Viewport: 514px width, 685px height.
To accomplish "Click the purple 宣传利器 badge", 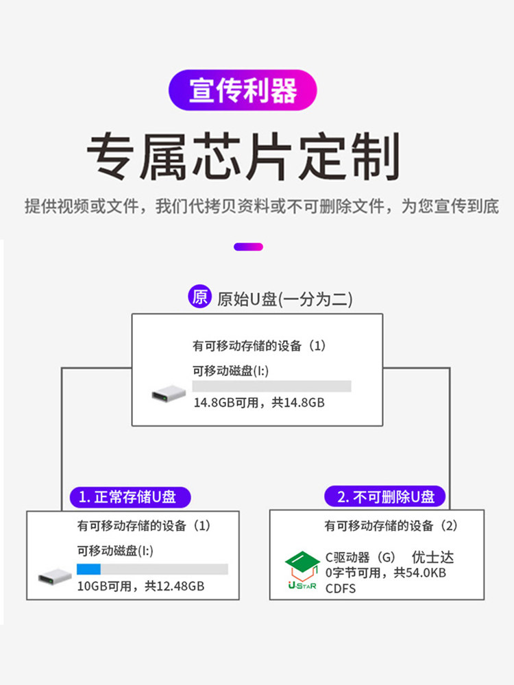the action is (x=243, y=90).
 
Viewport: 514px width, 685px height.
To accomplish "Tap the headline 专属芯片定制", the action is (x=243, y=157).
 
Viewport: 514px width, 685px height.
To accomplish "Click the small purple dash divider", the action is (x=248, y=247).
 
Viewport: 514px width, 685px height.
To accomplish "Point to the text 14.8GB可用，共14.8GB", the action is (x=258, y=403).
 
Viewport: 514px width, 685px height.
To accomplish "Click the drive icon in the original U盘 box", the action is (x=169, y=394).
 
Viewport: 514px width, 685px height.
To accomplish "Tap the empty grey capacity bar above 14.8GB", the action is (x=271, y=386).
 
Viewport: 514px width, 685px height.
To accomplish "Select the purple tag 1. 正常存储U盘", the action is (x=130, y=497).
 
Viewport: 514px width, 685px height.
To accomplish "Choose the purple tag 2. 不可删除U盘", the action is (x=386, y=497).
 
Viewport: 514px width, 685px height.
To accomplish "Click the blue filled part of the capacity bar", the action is (x=88, y=569).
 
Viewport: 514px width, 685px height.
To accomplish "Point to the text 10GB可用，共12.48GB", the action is (x=140, y=586).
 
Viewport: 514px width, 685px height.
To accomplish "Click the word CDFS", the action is (x=341, y=588).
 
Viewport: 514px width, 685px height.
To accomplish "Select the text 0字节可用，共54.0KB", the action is (x=385, y=573).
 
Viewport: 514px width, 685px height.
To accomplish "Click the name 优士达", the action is (x=432, y=558).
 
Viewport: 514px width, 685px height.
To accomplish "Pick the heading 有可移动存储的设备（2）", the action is (x=391, y=526).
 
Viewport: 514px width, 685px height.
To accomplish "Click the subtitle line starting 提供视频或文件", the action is (x=261, y=206).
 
